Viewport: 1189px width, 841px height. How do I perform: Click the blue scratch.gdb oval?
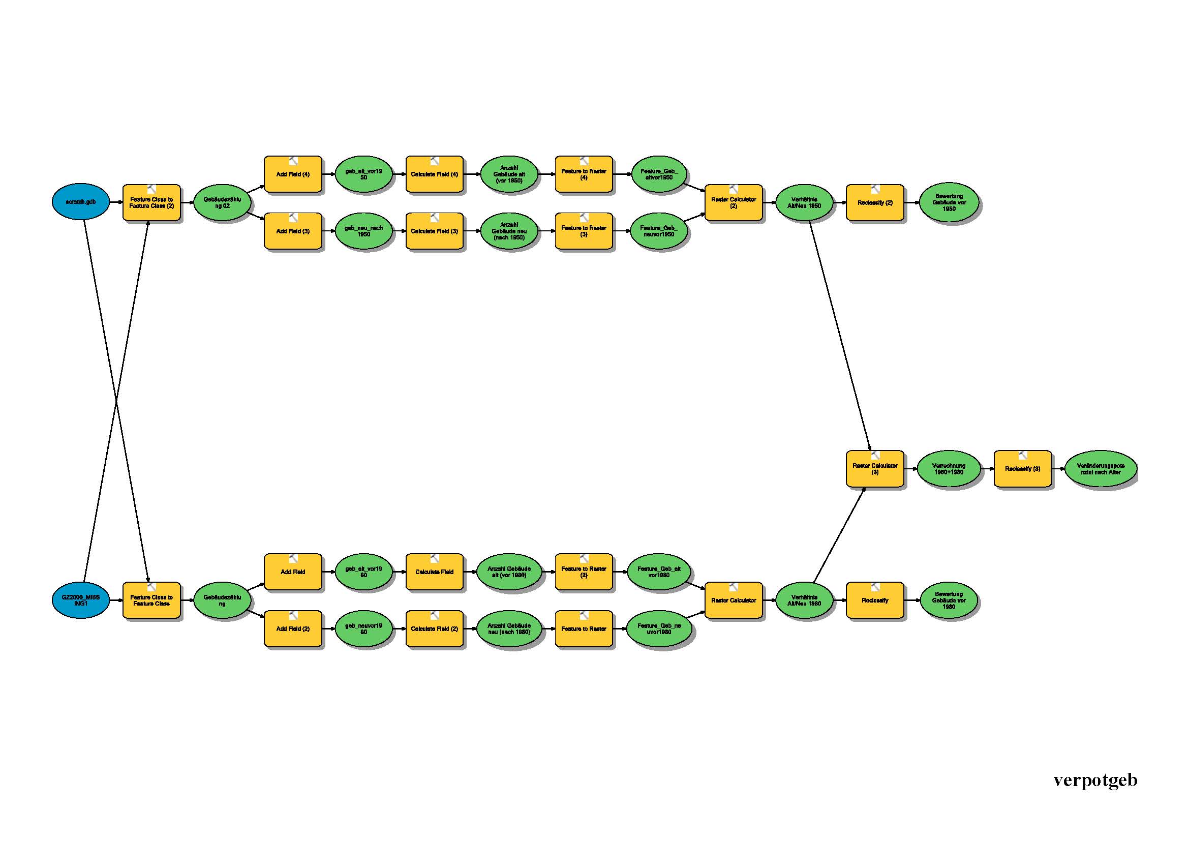81,202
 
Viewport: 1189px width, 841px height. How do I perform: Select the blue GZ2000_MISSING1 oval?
81,600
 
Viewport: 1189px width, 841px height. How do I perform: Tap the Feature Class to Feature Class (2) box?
151,202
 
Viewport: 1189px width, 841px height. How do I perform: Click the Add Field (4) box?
293,174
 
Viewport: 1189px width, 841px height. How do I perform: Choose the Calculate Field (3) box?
435,231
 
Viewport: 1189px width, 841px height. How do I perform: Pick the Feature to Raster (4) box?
584,174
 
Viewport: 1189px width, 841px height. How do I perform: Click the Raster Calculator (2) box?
734,202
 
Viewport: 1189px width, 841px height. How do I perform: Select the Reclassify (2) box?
875,202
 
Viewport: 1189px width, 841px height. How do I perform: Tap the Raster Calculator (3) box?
875,469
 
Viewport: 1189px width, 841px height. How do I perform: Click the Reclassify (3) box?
1022,469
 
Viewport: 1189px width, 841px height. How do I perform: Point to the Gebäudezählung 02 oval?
222,202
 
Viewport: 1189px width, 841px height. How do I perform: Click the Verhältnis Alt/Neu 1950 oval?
804,202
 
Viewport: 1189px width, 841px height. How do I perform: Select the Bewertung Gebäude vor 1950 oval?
949,202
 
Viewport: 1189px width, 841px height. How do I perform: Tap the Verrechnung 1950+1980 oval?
949,469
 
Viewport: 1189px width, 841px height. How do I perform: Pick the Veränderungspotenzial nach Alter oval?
1101,469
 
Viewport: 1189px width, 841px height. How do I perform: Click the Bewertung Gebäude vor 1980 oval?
949,600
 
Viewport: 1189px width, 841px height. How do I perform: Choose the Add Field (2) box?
293,628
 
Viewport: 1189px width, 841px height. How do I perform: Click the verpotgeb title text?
1095,780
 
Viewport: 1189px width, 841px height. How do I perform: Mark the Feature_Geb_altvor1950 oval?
659,174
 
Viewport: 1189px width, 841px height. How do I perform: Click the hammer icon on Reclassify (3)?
1023,456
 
